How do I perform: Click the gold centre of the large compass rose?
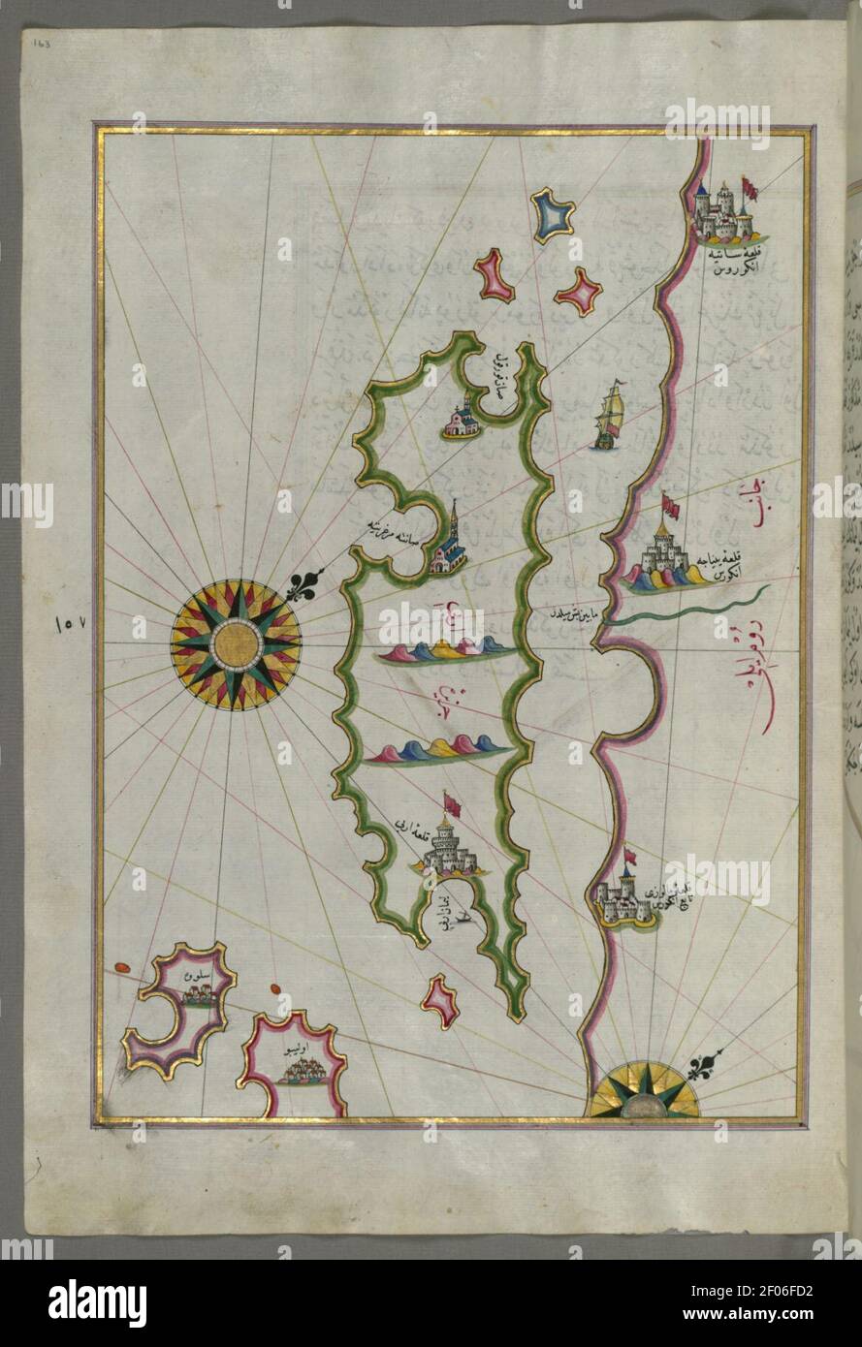[x=235, y=642]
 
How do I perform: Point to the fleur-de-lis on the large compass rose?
[x=303, y=584]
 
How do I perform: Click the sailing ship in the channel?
[x=608, y=417]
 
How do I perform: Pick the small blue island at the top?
[x=552, y=216]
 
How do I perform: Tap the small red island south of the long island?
[x=440, y=1001]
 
